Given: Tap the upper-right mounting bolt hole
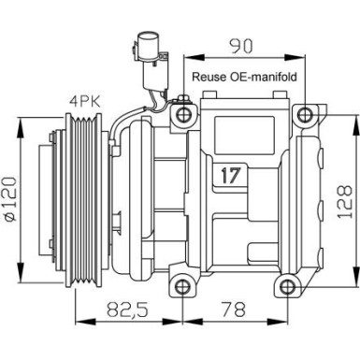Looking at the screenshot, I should click(304, 115).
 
